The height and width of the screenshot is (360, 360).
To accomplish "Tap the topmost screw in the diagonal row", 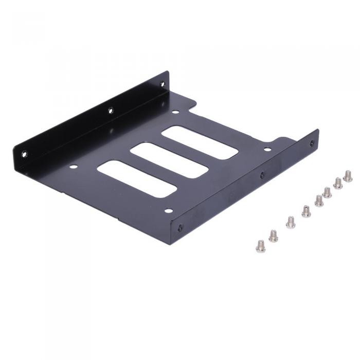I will tap(348, 176).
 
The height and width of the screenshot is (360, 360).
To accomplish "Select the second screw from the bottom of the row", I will tap(273, 236).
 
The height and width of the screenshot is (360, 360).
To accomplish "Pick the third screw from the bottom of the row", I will tap(291, 222).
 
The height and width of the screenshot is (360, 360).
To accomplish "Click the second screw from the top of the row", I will tap(338, 183).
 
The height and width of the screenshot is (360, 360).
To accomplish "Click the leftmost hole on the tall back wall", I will tap(24, 153).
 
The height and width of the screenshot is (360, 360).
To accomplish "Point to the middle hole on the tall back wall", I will tap(110, 110).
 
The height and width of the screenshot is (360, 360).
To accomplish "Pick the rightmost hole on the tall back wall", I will tap(162, 83).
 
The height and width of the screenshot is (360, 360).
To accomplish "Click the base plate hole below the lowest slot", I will tap(168, 210).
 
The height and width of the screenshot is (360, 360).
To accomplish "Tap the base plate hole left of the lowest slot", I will tap(73, 167).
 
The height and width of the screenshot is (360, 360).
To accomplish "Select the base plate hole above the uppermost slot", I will tap(175, 112).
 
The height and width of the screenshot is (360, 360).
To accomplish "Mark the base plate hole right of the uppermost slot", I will tap(267, 150).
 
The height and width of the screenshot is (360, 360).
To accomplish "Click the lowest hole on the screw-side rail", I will tap(179, 228).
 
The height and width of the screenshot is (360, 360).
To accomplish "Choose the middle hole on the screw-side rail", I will tap(262, 175).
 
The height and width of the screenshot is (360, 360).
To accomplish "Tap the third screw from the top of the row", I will tap(327, 193).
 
